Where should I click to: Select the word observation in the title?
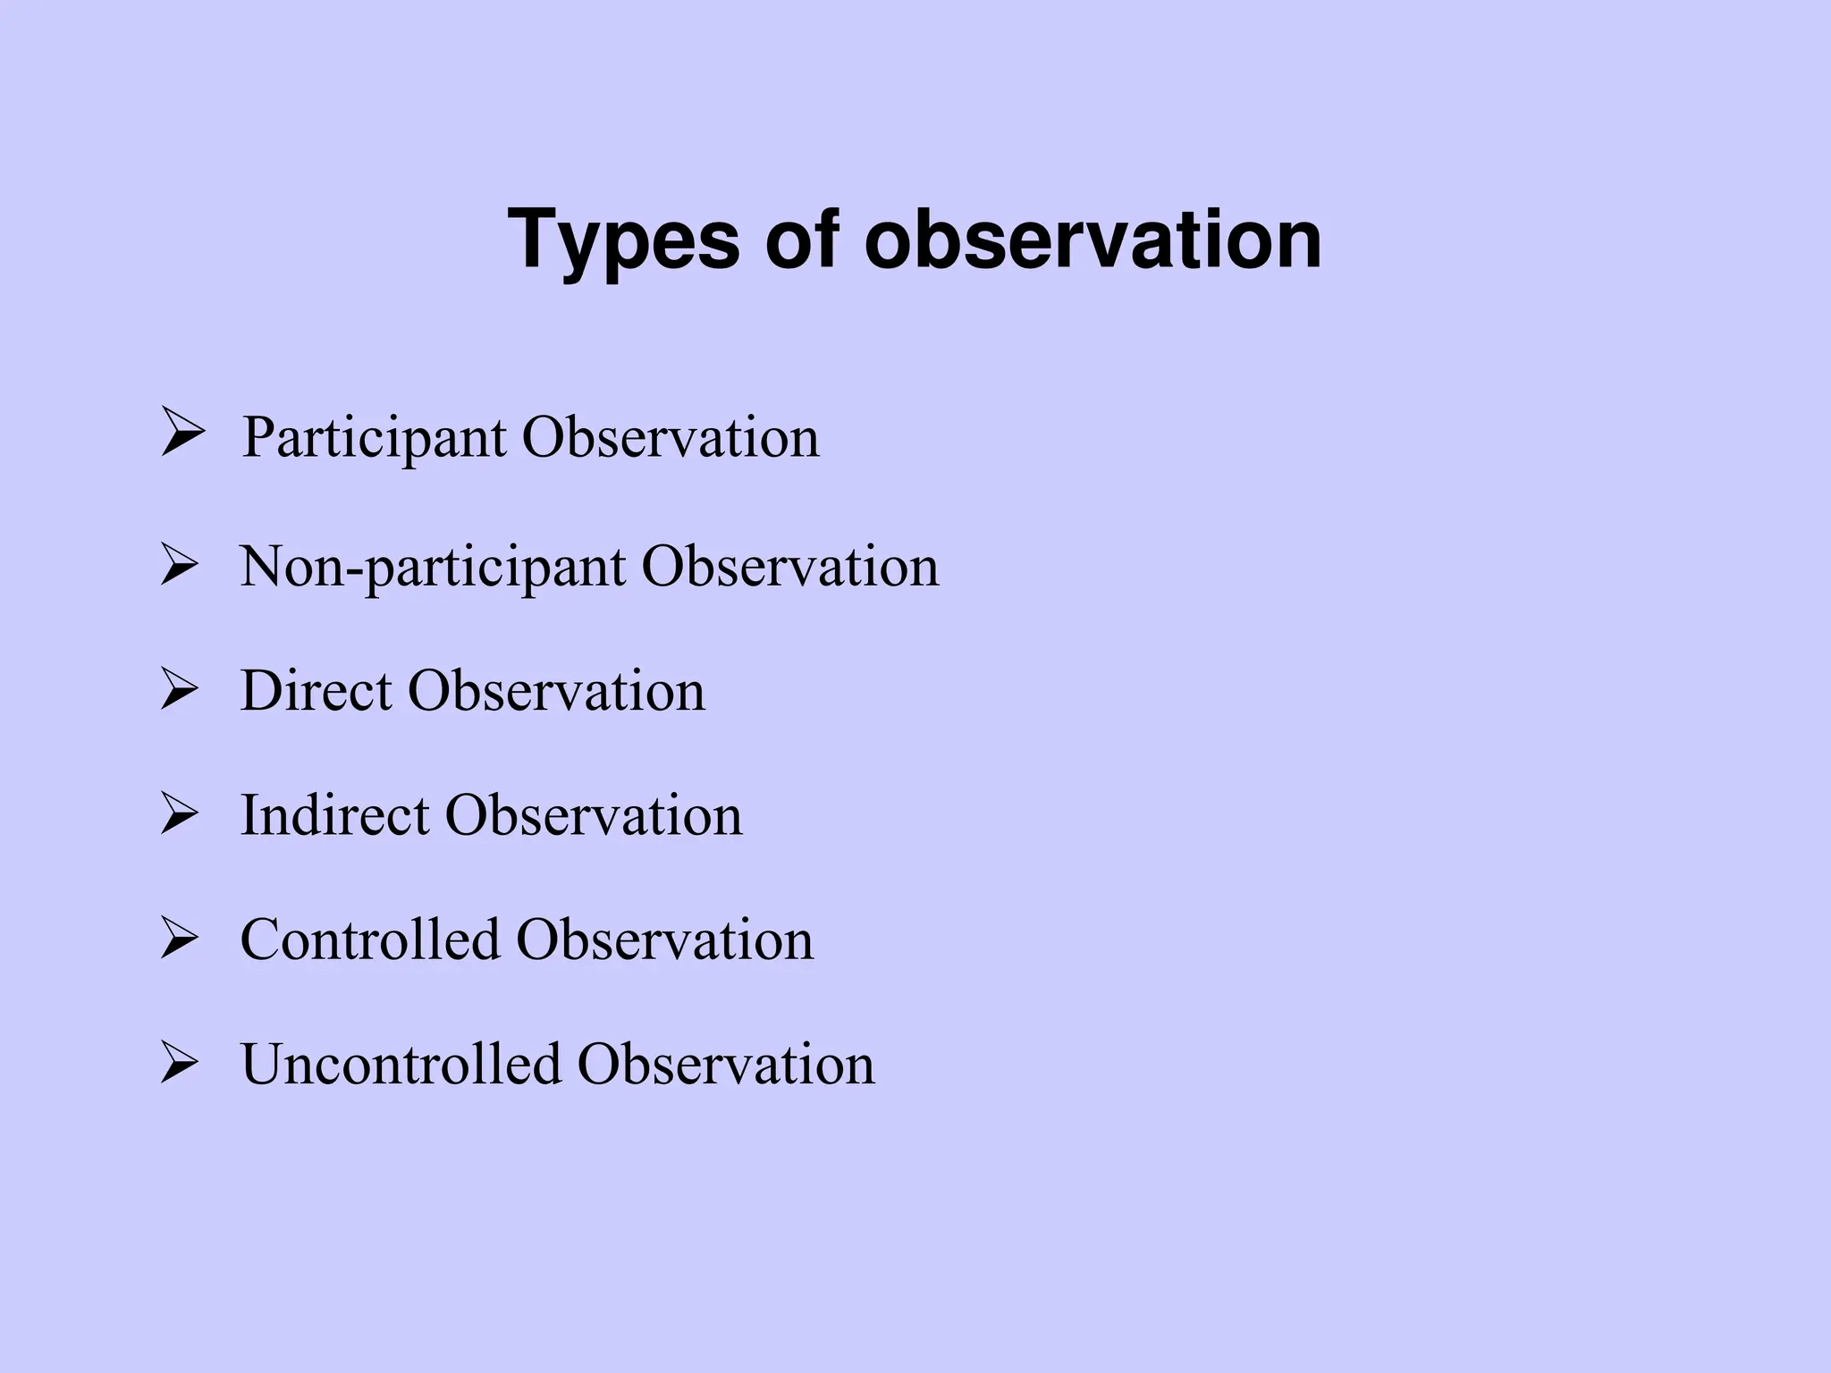tap(1093, 240)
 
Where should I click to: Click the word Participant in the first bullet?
tap(374, 439)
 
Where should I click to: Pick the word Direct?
tap(316, 691)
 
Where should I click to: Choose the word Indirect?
tap(334, 815)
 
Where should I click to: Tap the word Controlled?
tap(369, 939)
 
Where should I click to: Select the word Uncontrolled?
tap(400, 1064)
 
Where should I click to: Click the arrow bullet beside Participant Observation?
tap(181, 432)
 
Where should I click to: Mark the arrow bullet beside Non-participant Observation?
tap(179, 567)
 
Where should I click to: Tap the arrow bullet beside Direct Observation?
tap(179, 691)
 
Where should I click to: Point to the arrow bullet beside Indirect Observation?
tap(179, 815)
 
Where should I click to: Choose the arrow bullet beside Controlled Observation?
tap(179, 940)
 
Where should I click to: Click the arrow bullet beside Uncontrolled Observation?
tap(179, 1065)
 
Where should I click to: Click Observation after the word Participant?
tap(671, 438)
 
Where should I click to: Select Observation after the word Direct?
tap(556, 691)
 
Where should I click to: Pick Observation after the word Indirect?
tap(594, 815)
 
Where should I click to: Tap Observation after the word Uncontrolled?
tap(726, 1064)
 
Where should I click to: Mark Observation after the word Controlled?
tap(665, 939)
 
